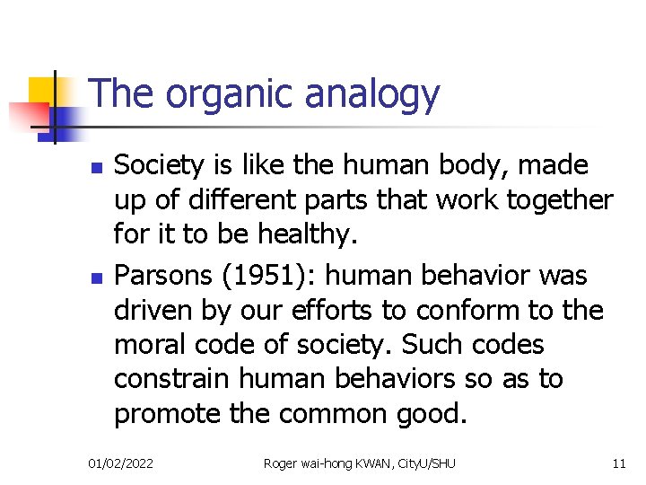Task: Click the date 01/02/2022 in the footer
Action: (x=120, y=463)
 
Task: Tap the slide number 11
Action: (x=618, y=463)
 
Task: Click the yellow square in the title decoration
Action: (x=44, y=92)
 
